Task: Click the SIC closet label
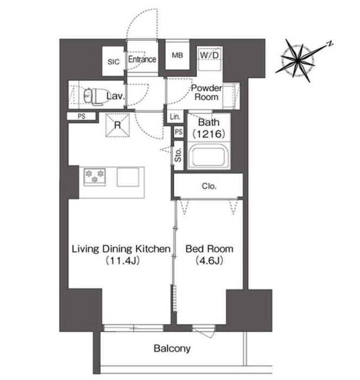113,62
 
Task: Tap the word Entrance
142,59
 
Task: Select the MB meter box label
177,55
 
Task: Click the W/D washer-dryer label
210,55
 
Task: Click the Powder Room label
206,92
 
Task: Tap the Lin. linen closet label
175,117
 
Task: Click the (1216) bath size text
209,134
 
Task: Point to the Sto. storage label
178,155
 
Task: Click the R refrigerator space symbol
118,125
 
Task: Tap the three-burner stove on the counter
94,177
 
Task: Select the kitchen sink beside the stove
128,177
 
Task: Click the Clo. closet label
209,186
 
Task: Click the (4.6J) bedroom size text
209,260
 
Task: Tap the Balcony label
172,348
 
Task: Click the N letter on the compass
330,43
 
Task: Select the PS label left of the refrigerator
81,116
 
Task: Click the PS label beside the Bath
179,132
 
